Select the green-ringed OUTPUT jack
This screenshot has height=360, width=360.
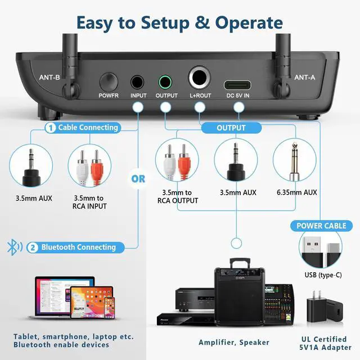click(165, 83)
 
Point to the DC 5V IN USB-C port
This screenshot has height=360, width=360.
click(237, 85)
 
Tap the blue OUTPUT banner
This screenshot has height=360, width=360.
click(231, 128)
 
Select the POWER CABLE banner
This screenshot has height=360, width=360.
click(321, 226)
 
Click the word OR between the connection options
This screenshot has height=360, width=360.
click(138, 179)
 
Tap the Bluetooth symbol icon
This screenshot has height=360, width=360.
click(12, 247)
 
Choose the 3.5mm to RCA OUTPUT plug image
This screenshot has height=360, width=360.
click(177, 166)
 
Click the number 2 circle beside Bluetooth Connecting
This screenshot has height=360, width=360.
click(33, 247)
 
